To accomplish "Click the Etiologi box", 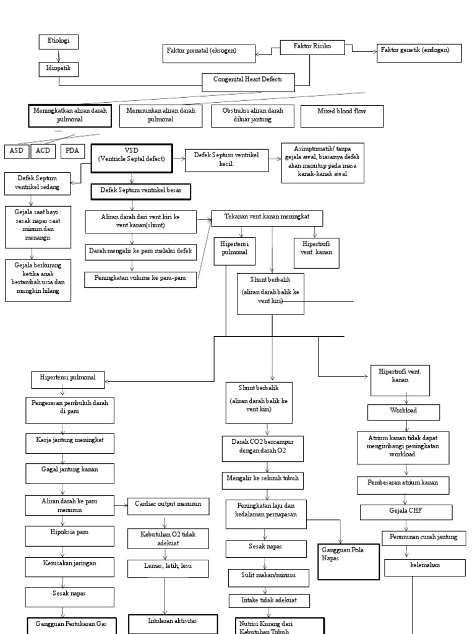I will [x=59, y=41].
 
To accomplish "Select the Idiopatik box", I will [x=59, y=69].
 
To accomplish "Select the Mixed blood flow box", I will [x=341, y=116].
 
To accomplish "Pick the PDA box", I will [x=73, y=151].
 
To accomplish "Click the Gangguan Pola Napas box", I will [x=348, y=561].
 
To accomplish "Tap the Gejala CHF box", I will [x=403, y=511].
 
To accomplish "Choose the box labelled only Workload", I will [x=404, y=412].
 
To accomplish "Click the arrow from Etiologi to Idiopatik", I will [x=59, y=56].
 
